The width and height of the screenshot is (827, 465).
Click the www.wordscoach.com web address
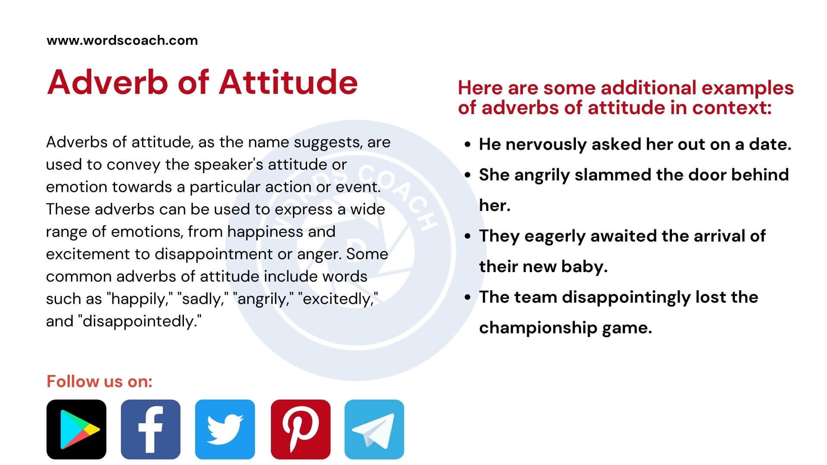point(122,40)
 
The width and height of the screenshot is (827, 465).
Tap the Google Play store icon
point(76,429)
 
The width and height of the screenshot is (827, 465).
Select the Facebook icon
point(150,429)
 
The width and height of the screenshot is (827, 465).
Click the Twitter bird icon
point(225,429)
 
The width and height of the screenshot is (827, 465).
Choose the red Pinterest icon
point(301,429)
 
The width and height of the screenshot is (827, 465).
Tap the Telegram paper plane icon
point(374,429)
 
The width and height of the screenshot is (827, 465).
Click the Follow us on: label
point(99,381)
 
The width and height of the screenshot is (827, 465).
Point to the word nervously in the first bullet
point(546,145)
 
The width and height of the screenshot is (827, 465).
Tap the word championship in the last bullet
point(538,328)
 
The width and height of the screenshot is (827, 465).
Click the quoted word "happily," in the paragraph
point(140,299)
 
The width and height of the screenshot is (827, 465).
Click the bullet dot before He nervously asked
point(468,145)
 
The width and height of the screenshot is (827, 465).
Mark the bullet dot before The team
point(468,298)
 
